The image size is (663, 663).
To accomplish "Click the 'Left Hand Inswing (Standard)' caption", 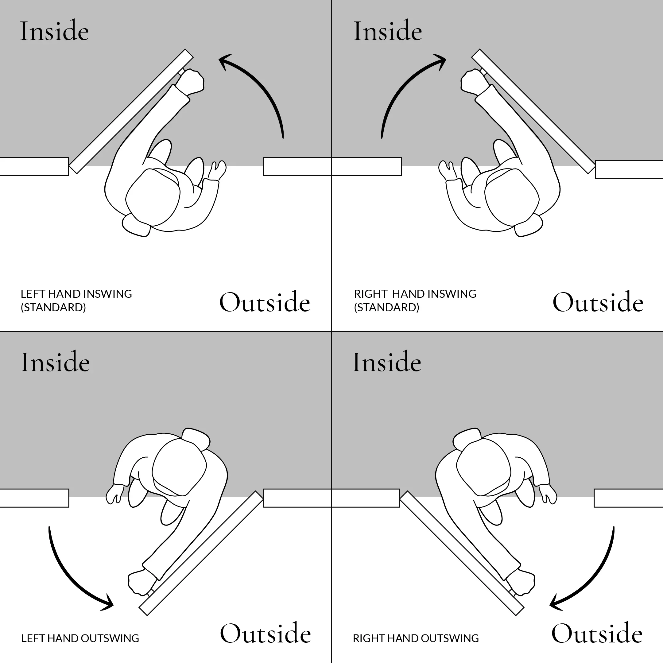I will [x=76, y=300].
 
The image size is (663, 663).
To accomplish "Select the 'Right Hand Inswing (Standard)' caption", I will [x=415, y=300].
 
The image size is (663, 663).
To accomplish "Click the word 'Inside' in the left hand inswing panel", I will [x=54, y=31].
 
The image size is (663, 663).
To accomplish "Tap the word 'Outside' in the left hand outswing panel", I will [x=265, y=634].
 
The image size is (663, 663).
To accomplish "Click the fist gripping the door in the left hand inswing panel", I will [x=191, y=81].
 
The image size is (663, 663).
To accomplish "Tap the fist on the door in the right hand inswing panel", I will [x=473, y=81].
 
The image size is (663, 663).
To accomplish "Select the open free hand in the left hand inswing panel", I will [x=217, y=170].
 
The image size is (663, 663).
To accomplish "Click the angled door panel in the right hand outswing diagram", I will [x=462, y=552].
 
